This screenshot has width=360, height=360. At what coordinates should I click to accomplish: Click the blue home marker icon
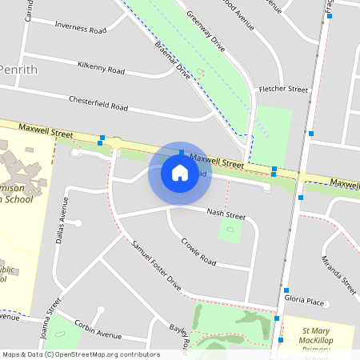point(180,173)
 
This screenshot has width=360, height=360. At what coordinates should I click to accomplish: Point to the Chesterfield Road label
point(98,104)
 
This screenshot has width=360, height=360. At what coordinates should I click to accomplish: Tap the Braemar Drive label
point(173,60)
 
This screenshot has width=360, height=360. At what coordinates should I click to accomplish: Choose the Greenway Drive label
point(206,31)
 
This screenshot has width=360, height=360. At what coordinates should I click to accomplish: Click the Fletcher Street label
point(282,89)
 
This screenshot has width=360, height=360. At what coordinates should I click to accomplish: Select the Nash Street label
point(226,214)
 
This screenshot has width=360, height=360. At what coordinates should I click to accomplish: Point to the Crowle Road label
point(198,251)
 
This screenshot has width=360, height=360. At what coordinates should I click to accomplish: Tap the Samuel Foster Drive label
point(157,264)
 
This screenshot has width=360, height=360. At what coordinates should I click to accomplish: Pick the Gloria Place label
point(304,302)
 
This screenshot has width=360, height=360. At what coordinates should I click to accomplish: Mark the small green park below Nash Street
point(230,231)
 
